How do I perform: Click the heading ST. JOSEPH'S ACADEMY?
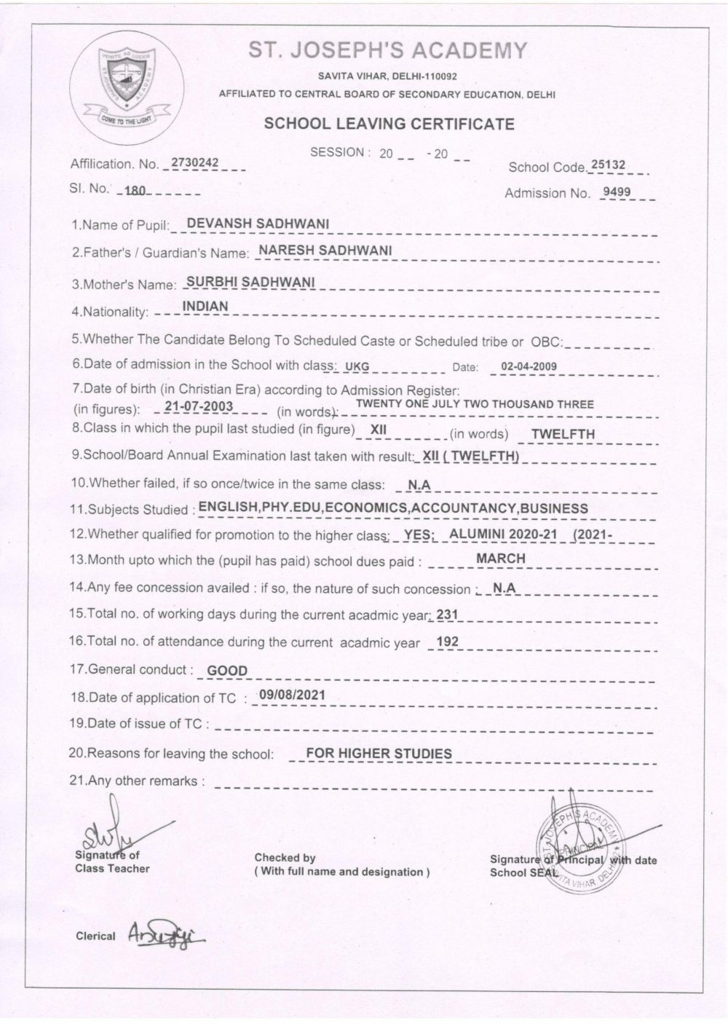click(x=387, y=50)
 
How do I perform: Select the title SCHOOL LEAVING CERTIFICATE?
click(x=389, y=124)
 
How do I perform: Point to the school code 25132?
click(x=608, y=165)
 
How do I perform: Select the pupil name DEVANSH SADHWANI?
click(x=258, y=224)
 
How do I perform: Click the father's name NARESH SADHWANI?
click(x=325, y=251)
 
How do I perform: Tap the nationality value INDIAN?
click(x=205, y=307)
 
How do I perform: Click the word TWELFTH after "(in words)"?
click(x=563, y=434)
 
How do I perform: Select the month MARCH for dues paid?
click(x=500, y=559)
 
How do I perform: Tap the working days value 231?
click(x=447, y=615)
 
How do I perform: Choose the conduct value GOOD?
click(x=227, y=671)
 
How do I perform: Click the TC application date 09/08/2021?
click(x=292, y=695)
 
